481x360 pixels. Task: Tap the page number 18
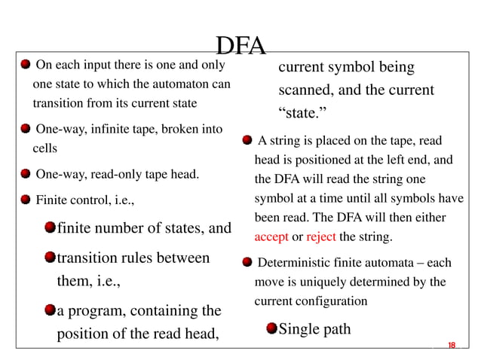coord(452,345)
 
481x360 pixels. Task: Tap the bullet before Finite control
coord(25,200)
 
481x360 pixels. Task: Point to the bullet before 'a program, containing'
coord(50,310)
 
